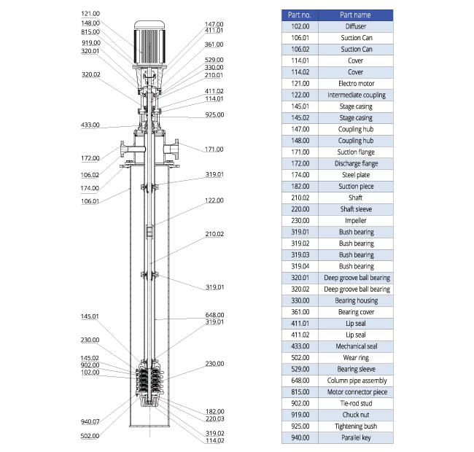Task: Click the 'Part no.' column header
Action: tap(300, 15)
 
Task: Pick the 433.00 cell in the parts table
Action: tap(300, 346)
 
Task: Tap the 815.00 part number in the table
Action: tap(300, 392)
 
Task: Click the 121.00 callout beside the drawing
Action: tap(90, 14)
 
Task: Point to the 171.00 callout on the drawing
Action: tap(214, 149)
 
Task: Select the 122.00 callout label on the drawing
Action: tap(214, 200)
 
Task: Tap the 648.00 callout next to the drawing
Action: tap(214, 315)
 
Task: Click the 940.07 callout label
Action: tap(90, 421)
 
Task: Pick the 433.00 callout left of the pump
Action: tap(90, 125)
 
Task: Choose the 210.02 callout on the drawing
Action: tap(214, 234)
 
